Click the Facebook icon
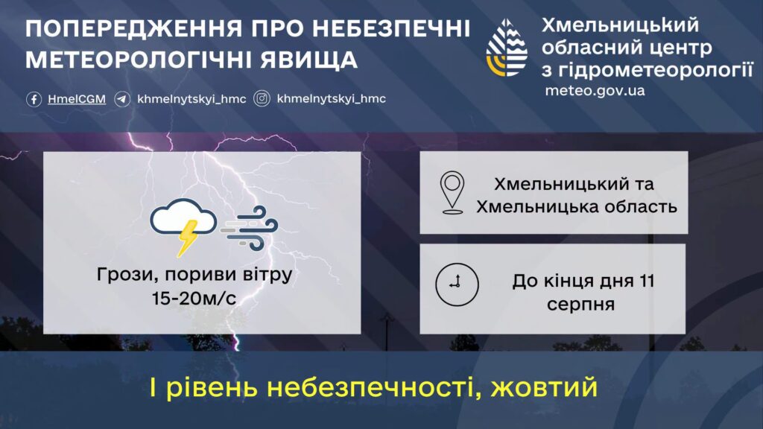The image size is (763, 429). [34, 99]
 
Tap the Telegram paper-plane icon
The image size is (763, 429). [122, 99]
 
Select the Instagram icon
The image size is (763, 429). [262, 99]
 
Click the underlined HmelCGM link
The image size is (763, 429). [77, 99]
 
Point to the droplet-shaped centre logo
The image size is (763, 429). [507, 48]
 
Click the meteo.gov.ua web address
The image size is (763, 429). [595, 91]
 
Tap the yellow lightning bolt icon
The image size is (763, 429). [187, 238]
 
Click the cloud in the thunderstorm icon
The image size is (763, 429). [183, 217]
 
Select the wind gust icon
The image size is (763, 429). [250, 228]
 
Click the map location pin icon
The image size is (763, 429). [452, 193]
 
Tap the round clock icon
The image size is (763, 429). [457, 285]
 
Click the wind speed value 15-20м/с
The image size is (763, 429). [194, 298]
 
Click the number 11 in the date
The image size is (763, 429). [648, 281]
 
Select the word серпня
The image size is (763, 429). [580, 305]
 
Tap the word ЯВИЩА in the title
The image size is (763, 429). [309, 60]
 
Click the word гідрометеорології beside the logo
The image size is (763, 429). [655, 71]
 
